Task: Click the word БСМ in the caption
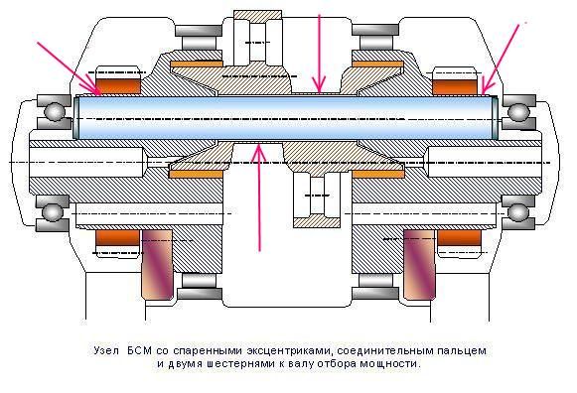click(139, 350)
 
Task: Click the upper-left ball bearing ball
click(54, 111)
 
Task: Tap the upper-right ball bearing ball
click(518, 112)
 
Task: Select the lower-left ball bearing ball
click(53, 212)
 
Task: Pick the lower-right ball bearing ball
click(517, 212)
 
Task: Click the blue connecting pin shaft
click(286, 118)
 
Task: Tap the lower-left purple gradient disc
click(157, 264)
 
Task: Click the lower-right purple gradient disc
click(419, 264)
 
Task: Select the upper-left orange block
click(118, 85)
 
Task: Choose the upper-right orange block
click(455, 86)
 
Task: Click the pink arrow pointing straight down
click(319, 54)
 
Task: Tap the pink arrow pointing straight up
click(260, 197)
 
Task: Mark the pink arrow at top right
click(501, 59)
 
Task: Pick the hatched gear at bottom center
click(317, 198)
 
